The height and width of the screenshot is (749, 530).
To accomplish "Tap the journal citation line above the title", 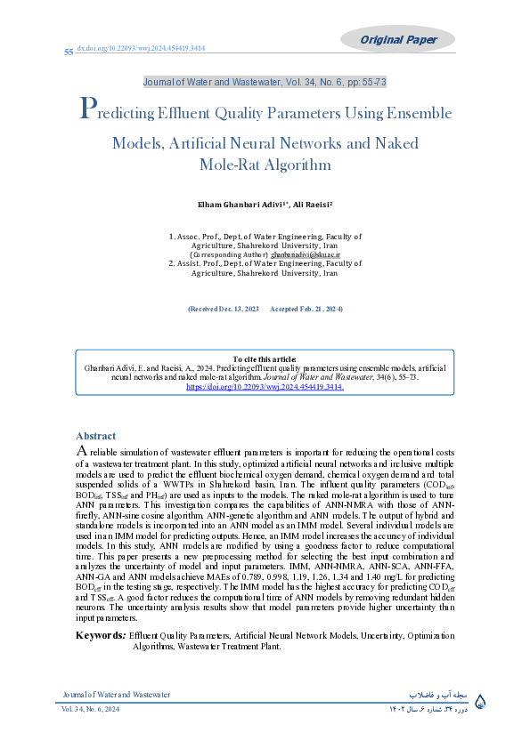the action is (265, 82).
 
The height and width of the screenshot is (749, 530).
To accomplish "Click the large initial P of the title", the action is (87, 110).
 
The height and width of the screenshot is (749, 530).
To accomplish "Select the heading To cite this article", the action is (265, 358).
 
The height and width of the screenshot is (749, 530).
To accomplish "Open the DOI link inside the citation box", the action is (265, 388).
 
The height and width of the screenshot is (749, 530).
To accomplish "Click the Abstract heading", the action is (95, 436).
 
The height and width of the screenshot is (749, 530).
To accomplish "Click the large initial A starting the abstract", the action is (81, 451).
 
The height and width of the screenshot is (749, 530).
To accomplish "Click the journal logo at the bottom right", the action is (482, 701).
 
